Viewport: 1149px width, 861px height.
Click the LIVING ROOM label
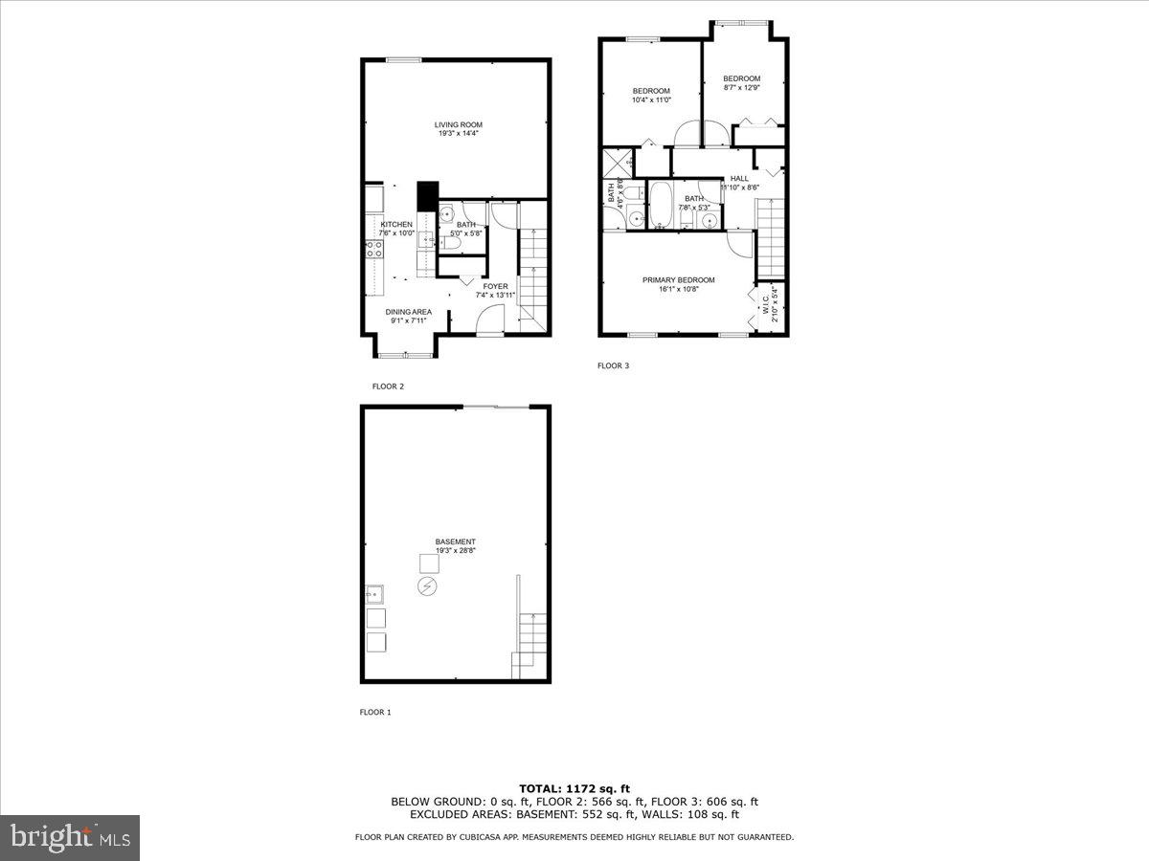point(458,124)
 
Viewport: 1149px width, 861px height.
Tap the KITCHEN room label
point(396,225)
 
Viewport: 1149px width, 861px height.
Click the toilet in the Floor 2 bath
point(452,245)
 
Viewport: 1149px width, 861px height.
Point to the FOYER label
point(495,286)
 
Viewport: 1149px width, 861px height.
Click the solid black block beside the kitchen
point(427,196)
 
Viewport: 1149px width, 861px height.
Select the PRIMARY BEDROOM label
point(678,280)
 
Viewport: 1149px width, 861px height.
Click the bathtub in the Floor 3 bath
point(661,205)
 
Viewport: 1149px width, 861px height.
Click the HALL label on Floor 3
point(739,179)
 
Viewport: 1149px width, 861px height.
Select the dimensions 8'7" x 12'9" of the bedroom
point(741,88)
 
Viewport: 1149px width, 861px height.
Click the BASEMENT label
point(455,541)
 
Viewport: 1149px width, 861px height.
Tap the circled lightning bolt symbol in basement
point(427,586)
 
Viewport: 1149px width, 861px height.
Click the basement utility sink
point(374,594)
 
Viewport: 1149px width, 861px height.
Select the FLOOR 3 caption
point(613,365)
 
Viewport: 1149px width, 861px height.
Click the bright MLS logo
point(70,837)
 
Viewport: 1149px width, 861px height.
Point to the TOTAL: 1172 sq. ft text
point(574,788)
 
